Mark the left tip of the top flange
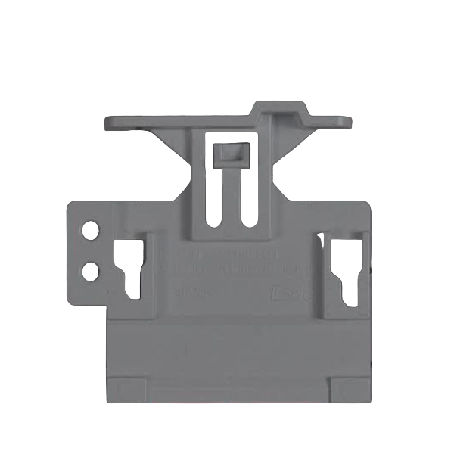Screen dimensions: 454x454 [x=108, y=121]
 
